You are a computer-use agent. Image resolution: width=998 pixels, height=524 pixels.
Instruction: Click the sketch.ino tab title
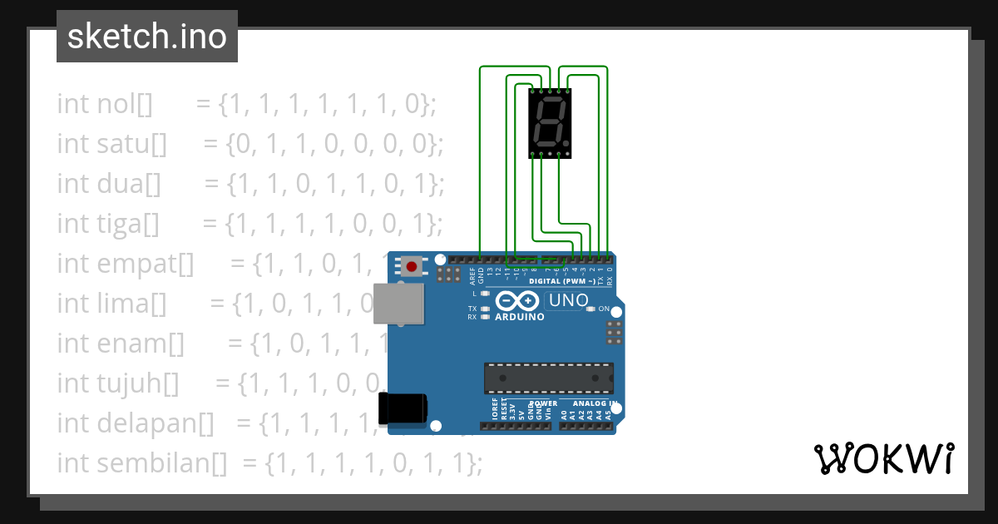click(146, 37)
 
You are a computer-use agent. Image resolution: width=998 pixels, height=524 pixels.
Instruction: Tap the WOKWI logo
click(883, 458)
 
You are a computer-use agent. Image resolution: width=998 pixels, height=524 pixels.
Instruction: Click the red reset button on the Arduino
click(411, 267)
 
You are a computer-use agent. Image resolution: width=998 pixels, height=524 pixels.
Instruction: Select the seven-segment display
click(550, 123)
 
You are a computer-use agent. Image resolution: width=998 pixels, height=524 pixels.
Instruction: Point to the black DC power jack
click(403, 408)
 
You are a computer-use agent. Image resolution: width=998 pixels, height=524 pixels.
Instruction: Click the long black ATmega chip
click(549, 378)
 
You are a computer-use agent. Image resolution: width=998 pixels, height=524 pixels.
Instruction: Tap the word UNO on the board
click(571, 300)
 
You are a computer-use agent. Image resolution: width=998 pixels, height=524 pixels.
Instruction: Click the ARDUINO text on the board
click(520, 317)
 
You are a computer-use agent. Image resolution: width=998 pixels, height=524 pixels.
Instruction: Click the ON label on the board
click(605, 309)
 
